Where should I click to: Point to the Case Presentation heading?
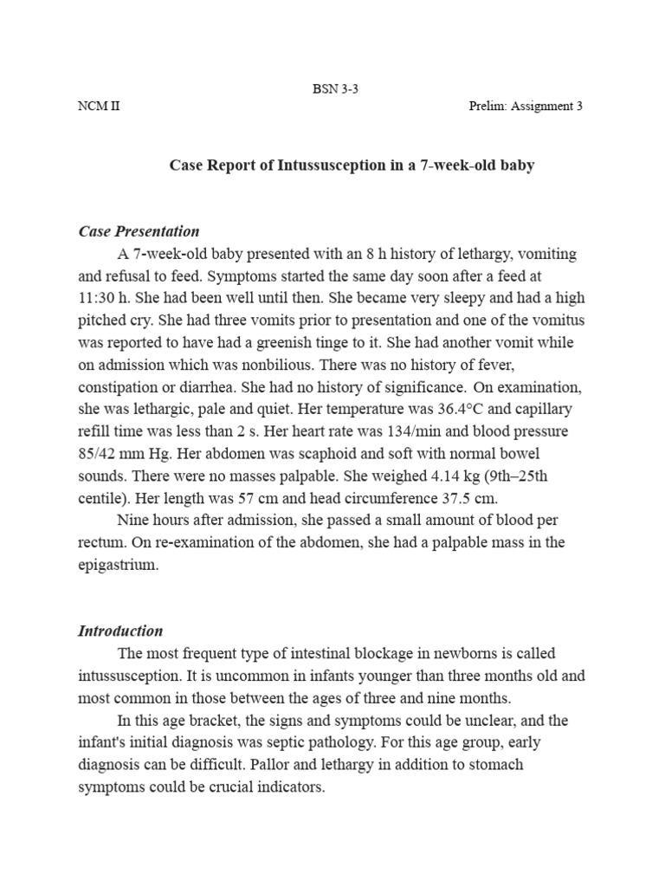click(139, 231)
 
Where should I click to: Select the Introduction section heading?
click(120, 631)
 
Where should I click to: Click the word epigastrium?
click(118, 565)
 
